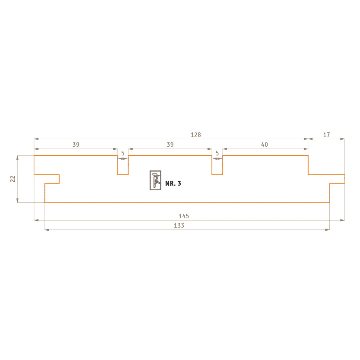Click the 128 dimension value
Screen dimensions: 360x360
196,135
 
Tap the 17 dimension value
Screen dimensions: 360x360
327,135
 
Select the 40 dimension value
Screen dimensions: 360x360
264,145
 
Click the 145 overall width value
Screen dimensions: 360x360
184,216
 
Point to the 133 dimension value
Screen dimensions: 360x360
179,226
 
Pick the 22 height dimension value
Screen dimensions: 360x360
13,179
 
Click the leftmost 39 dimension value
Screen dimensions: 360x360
76,145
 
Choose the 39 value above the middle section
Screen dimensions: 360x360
170,145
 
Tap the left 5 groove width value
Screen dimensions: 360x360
123,153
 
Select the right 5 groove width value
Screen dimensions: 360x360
217,153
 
